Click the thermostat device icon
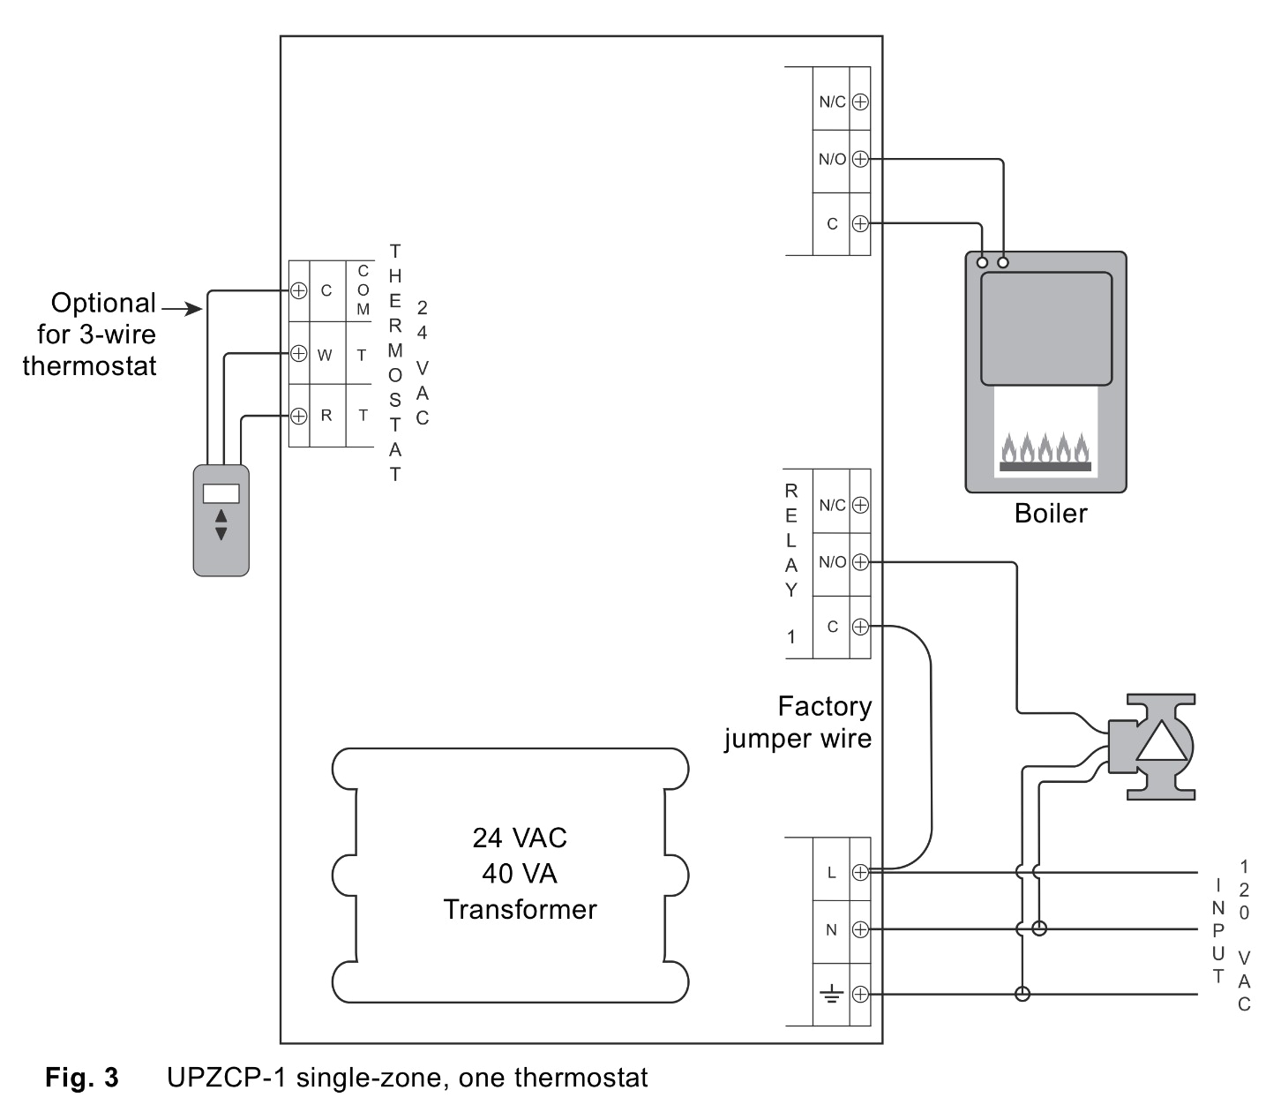[x=221, y=520]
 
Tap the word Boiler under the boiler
[x=1050, y=514]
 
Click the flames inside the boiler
[x=1045, y=448]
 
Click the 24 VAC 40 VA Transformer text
[x=520, y=873]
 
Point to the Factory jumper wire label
[x=798, y=722]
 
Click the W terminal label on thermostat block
[x=325, y=355]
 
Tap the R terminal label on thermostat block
[x=326, y=415]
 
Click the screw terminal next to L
[x=860, y=872]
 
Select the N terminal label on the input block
[x=830, y=929]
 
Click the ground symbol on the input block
[x=830, y=995]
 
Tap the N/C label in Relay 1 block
[x=832, y=505]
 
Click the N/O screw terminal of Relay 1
[x=860, y=561]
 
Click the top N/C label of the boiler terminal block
[x=832, y=101]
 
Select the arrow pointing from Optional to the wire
[x=184, y=308]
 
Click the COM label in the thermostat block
[x=363, y=290]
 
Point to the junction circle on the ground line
[x=1023, y=995]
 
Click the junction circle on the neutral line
[x=1039, y=928]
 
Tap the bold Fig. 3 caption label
[x=81, y=1078]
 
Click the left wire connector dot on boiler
[x=983, y=262]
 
